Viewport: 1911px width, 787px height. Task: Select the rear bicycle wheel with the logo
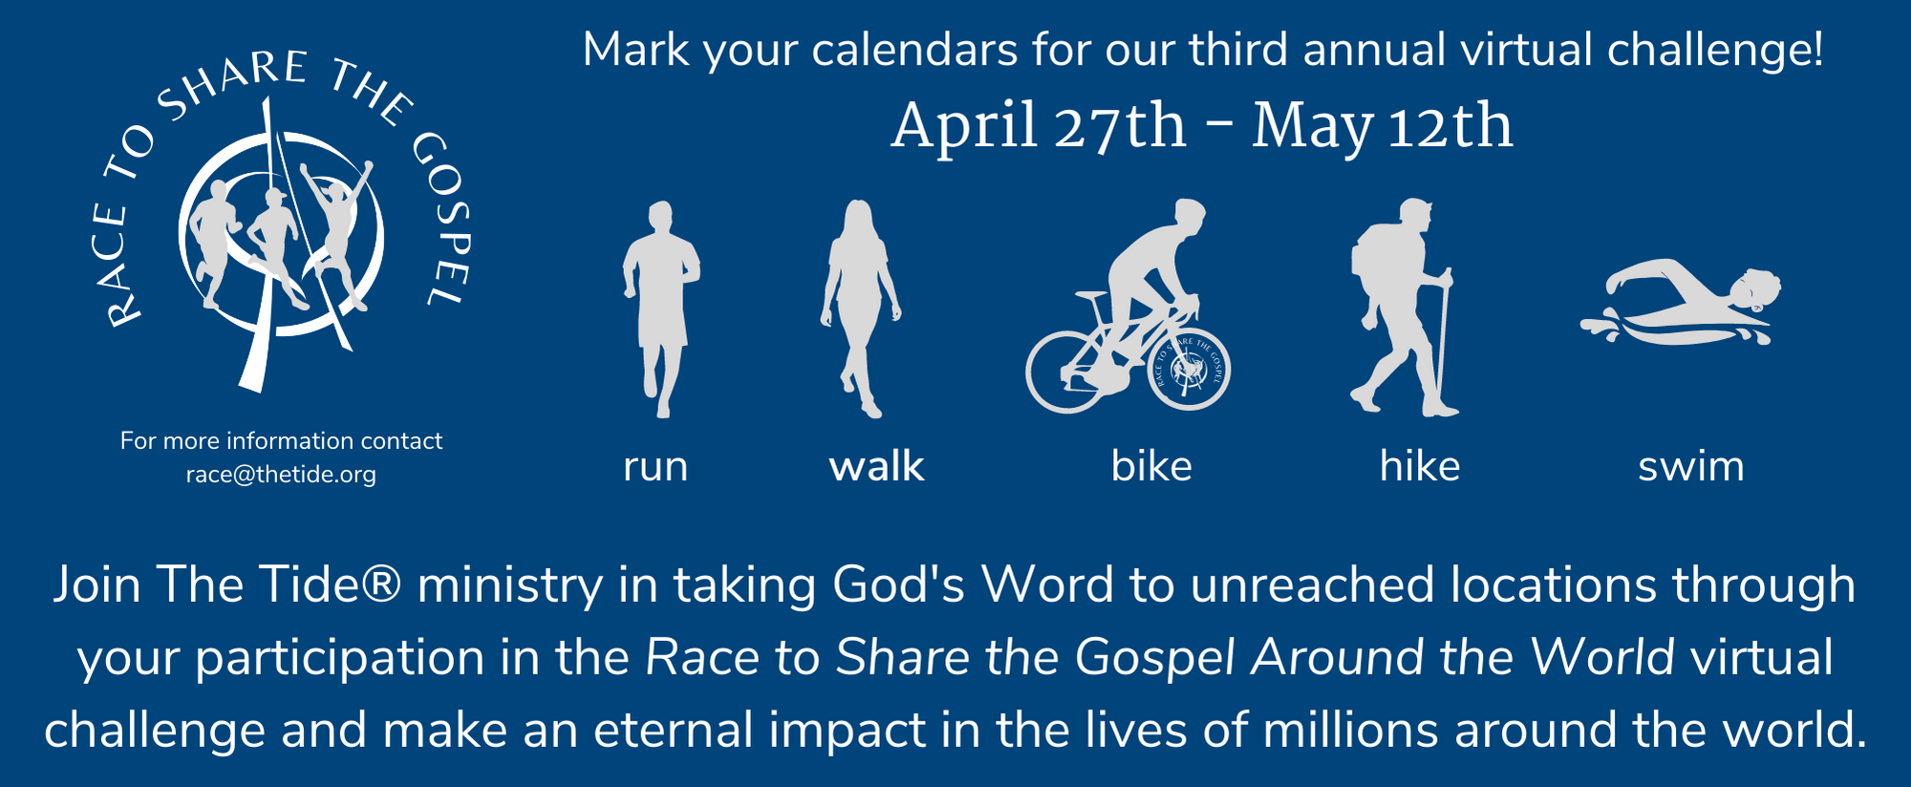coord(1189,370)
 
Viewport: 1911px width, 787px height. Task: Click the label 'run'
coord(655,466)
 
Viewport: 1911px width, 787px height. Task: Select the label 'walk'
coord(876,466)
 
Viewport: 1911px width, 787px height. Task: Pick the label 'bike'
coord(1151,466)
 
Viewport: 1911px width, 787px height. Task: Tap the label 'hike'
coord(1420,466)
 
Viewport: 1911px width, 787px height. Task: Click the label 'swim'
coord(1691,466)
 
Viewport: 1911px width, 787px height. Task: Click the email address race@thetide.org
coord(281,475)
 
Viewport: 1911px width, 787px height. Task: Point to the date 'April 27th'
coord(1038,127)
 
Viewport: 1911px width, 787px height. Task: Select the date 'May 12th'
coord(1383,127)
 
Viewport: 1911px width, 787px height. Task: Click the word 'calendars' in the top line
coord(914,50)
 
